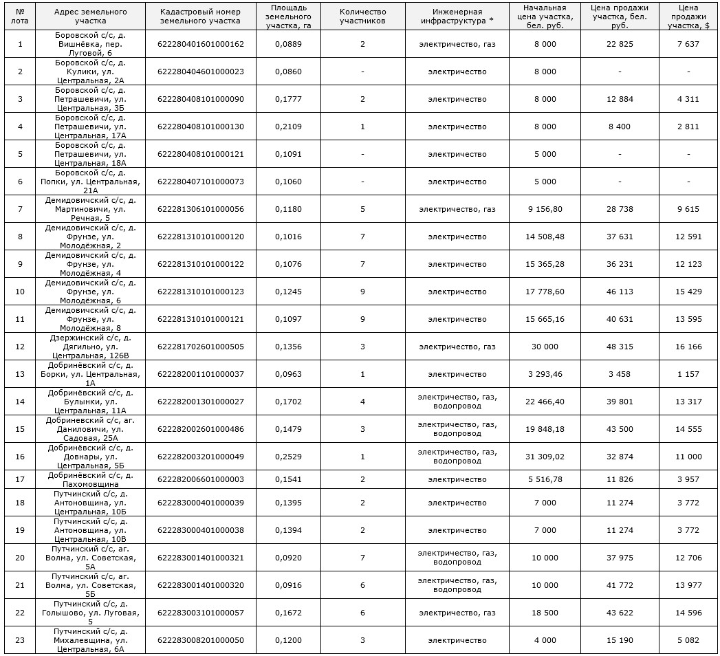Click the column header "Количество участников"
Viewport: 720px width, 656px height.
pyautogui.click(x=362, y=17)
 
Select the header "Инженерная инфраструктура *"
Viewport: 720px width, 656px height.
pyautogui.click(x=457, y=17)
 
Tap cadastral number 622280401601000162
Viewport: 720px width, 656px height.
pyautogui.click(x=200, y=44)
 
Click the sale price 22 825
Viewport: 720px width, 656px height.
pyautogui.click(x=620, y=44)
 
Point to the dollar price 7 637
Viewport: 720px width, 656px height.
pyautogui.click(x=688, y=44)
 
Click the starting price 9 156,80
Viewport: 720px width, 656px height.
pyautogui.click(x=544, y=209)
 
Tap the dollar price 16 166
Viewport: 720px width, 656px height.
pyautogui.click(x=688, y=347)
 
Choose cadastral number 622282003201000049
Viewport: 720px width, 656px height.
pyautogui.click(x=200, y=457)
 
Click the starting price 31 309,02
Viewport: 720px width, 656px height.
pyautogui.click(x=544, y=457)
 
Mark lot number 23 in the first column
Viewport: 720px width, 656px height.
pyautogui.click(x=20, y=640)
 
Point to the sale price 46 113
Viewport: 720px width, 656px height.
pyautogui.click(x=620, y=292)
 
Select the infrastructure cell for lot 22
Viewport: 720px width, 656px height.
pyautogui.click(x=457, y=613)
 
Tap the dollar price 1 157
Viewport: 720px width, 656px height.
pyautogui.click(x=688, y=374)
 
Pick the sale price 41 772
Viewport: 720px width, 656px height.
pyautogui.click(x=620, y=585)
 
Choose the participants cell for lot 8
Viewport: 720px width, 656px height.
pyautogui.click(x=362, y=237)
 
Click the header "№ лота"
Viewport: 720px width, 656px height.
pyautogui.click(x=20, y=17)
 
